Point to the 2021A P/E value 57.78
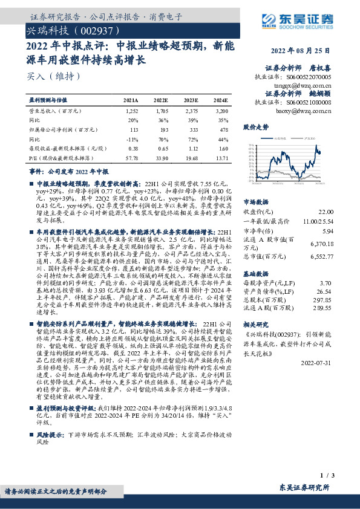pos(131,158)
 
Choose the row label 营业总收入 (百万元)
pos(55,112)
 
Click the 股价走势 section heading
pos(255,128)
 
